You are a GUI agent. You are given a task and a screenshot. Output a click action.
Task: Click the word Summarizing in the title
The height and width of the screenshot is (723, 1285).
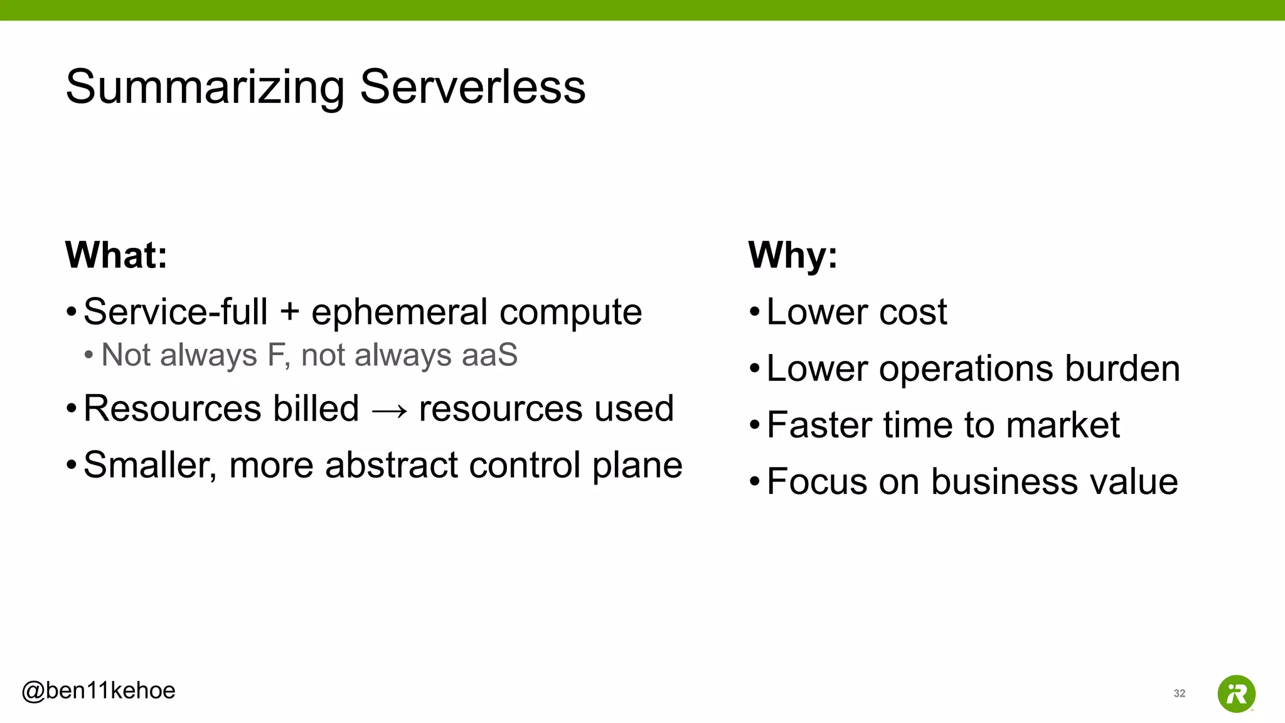pyautogui.click(x=205, y=88)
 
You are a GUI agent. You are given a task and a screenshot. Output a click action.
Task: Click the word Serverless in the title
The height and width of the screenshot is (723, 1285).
pyautogui.click(x=472, y=87)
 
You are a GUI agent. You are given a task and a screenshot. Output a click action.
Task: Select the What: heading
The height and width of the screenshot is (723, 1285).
pyautogui.click(x=117, y=255)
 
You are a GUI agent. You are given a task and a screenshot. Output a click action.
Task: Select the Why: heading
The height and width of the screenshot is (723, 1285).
pyautogui.click(x=792, y=255)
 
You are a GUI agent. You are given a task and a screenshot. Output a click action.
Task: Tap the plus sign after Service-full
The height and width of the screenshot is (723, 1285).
pyautogui.click(x=289, y=312)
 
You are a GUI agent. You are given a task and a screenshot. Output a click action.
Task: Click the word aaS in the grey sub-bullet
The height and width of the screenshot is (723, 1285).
pyautogui.click(x=489, y=355)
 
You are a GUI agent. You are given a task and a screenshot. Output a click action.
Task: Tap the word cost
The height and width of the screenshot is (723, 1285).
pyautogui.click(x=913, y=312)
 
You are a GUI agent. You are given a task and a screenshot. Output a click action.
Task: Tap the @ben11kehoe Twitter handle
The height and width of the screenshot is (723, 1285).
pyautogui.click(x=99, y=690)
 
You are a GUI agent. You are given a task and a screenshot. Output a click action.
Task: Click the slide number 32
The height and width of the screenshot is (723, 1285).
pyautogui.click(x=1179, y=694)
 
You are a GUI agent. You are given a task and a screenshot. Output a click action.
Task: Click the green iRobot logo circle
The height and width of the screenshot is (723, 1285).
pyautogui.click(x=1236, y=694)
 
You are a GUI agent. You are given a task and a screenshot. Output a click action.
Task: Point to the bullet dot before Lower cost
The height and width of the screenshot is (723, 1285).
pyautogui.click(x=754, y=312)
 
